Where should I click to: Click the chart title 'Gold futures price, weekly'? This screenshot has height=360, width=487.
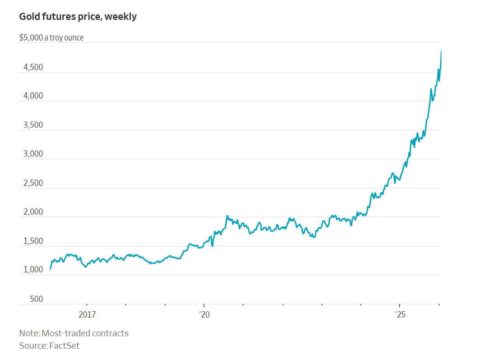(78, 17)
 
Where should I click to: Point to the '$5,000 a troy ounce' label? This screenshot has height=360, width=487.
(51, 38)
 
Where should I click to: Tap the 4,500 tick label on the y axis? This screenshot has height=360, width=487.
(33, 67)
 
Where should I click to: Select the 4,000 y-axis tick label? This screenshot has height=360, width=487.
(33, 96)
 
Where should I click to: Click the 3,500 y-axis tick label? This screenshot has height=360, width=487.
(33, 125)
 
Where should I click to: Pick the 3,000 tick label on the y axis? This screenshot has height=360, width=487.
(33, 154)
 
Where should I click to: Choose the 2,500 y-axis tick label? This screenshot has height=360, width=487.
(33, 183)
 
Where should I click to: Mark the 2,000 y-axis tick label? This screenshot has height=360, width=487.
(33, 212)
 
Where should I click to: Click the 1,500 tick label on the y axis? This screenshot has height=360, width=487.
(33, 241)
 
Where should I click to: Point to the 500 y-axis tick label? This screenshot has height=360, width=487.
(37, 299)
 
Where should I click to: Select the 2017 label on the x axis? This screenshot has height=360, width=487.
(87, 314)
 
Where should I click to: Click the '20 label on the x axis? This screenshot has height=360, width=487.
(204, 314)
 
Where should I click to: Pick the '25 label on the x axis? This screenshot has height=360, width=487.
(400, 314)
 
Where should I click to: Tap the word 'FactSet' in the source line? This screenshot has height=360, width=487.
(64, 346)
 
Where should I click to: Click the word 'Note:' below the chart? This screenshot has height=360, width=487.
(29, 334)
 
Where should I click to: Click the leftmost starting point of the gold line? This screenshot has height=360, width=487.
(50, 269)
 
